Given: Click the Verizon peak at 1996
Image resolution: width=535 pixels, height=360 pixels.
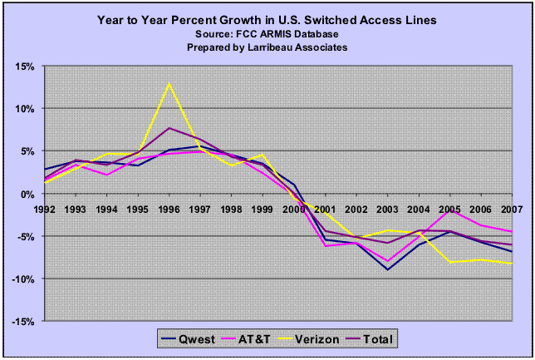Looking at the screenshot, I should [x=169, y=82].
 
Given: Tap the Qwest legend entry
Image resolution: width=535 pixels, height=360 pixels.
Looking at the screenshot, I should [x=195, y=338].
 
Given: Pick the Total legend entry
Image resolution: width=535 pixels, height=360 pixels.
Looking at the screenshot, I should [x=375, y=338].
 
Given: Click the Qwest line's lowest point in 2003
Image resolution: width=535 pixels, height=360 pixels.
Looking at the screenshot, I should [x=387, y=269].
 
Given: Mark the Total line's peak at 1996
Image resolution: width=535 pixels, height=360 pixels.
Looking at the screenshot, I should [x=169, y=128].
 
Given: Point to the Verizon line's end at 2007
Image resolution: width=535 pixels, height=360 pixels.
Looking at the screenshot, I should [x=510, y=264].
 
